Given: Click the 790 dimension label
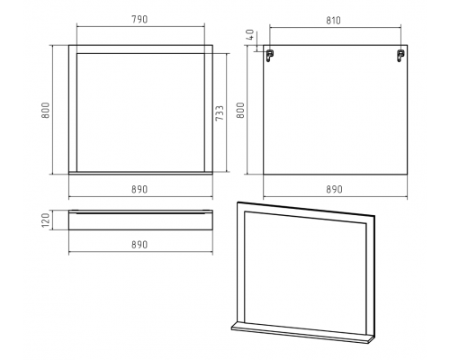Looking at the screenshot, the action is pyautogui.click(x=139, y=20).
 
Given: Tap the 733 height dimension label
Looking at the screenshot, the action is pyautogui.click(x=220, y=113).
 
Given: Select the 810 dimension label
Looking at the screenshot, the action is pyautogui.click(x=333, y=21).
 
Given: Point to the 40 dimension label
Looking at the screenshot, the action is pyautogui.click(x=250, y=34).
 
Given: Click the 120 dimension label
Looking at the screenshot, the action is pyautogui.click(x=45, y=220).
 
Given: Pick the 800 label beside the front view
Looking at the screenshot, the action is pyautogui.click(x=45, y=110).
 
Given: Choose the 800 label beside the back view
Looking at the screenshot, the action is pyautogui.click(x=240, y=110).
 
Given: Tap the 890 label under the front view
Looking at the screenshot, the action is pyautogui.click(x=139, y=189).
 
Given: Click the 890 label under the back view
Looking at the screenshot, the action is pyautogui.click(x=334, y=189).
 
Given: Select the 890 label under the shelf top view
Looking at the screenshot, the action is pyautogui.click(x=139, y=245).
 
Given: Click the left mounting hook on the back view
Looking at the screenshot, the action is pyautogui.click(x=270, y=56).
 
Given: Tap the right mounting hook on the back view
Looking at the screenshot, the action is pyautogui.click(x=400, y=56).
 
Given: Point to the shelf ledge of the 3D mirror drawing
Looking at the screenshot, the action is pyautogui.click(x=302, y=333).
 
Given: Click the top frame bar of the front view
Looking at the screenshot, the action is pyautogui.click(x=140, y=49).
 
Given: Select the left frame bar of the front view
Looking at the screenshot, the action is pyautogui.click(x=73, y=109).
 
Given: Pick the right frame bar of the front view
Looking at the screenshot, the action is pyautogui.click(x=209, y=109).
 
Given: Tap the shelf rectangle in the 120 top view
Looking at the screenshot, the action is pyautogui.click(x=140, y=220).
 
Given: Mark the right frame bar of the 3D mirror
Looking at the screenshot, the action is pyautogui.click(x=371, y=275).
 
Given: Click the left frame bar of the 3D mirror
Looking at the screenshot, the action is pyautogui.click(x=241, y=263).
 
